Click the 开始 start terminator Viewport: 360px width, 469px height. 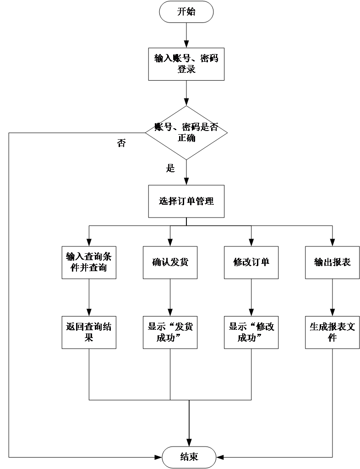click(x=186, y=12)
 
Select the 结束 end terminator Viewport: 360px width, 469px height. click(x=189, y=457)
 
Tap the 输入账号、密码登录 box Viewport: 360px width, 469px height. click(x=186, y=64)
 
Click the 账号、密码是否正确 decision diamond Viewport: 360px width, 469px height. click(x=186, y=133)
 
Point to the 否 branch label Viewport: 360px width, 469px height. click(x=121, y=143)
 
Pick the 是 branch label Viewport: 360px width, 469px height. click(x=170, y=168)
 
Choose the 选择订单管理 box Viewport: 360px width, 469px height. click(x=186, y=201)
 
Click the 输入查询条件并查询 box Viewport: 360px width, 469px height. click(x=89, y=262)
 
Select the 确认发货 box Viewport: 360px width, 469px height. click(x=170, y=262)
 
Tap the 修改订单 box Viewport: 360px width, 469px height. click(x=251, y=262)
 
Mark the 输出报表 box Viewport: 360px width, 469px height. click(x=332, y=262)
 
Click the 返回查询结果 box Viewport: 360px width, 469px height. click(x=89, y=332)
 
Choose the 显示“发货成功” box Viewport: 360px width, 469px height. click(x=170, y=332)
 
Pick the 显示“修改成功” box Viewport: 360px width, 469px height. click(x=251, y=332)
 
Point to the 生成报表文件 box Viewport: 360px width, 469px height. click(x=332, y=332)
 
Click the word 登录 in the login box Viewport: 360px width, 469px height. click(x=186, y=70)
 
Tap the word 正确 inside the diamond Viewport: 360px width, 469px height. click(x=186, y=138)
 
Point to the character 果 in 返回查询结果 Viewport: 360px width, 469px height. click(x=89, y=338)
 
